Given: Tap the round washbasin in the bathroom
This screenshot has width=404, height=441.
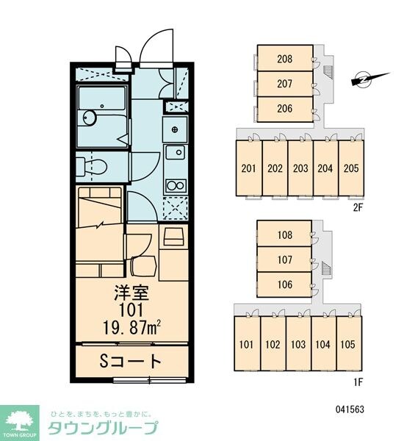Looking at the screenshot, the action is (x=90, y=118).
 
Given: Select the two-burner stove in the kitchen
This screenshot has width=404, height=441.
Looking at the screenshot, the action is (x=176, y=186).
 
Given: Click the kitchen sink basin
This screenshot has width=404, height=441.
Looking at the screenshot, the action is (x=175, y=152).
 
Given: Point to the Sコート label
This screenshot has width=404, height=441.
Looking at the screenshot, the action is (x=131, y=362).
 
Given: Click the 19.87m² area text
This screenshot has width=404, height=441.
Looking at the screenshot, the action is (x=131, y=328).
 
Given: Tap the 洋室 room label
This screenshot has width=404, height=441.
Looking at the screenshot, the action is (x=131, y=293).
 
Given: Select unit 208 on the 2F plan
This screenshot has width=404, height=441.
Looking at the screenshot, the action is (x=285, y=58).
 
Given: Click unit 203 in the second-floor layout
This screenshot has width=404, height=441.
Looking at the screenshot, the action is (x=300, y=168).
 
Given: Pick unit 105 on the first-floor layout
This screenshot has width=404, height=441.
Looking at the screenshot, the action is (x=349, y=344).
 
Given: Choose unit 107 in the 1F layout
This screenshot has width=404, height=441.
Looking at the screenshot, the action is (x=284, y=259).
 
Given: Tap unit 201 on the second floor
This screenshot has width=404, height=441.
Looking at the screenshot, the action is (x=249, y=168).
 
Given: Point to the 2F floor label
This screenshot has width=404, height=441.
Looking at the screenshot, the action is (x=358, y=207).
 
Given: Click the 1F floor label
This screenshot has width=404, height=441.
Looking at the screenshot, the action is (x=358, y=382).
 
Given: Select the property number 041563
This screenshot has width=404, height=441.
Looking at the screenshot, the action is (x=350, y=409).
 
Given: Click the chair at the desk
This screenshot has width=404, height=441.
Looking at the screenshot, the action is (x=144, y=265).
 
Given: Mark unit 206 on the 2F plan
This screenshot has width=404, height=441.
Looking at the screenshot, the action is (x=285, y=109).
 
